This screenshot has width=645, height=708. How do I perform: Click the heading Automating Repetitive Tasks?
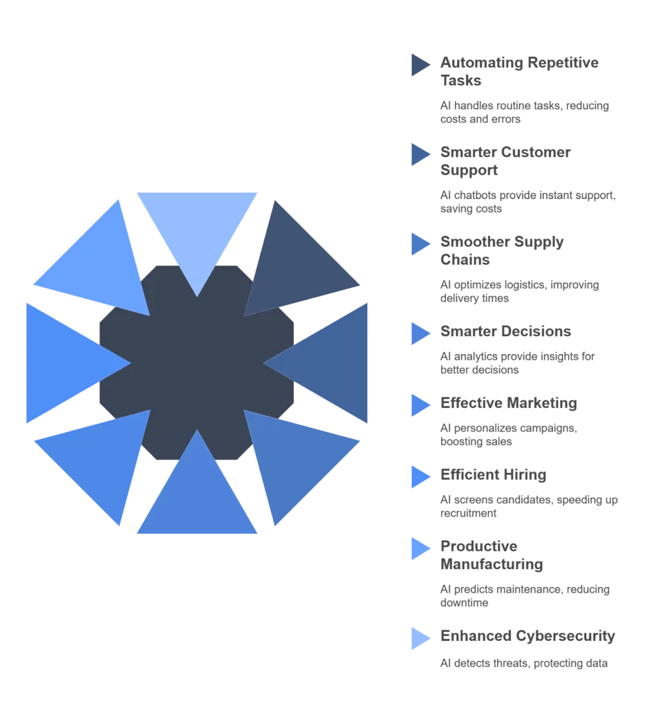point(519,71)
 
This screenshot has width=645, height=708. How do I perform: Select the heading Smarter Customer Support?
point(505,160)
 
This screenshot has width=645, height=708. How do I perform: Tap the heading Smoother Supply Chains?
point(502,250)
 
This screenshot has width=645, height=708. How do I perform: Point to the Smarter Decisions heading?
point(505,331)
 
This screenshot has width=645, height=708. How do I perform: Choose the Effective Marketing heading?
point(509,403)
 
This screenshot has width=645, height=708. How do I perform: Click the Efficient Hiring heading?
point(494,474)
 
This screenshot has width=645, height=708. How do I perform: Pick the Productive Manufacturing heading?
point(492,555)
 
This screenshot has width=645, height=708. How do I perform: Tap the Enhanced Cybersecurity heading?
point(527,636)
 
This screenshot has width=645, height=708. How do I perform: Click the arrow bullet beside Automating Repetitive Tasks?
point(420,65)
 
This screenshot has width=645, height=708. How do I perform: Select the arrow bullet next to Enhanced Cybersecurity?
point(420,638)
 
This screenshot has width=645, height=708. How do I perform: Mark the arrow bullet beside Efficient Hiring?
point(420,477)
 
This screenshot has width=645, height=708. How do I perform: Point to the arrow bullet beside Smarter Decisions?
point(420,334)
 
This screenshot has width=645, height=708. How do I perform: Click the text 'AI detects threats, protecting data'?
point(523,663)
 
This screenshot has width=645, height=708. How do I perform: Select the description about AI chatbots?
point(527,202)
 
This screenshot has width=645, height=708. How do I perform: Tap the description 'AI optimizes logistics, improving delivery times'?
point(519,291)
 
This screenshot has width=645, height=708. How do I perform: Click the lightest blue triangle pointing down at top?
point(197,230)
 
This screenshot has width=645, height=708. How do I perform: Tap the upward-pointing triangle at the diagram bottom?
point(197,496)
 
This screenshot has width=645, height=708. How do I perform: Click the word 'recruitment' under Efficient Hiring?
point(468,514)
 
